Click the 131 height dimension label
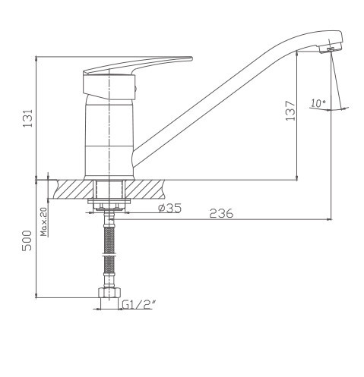click(x=28, y=118)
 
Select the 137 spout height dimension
click(x=290, y=111)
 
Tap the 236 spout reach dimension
click(x=221, y=213)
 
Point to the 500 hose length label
click(x=27, y=240)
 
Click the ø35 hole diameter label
click(x=169, y=208)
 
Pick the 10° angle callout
click(x=318, y=103)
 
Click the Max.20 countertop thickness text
click(x=44, y=221)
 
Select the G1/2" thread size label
click(x=138, y=304)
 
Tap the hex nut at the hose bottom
click(x=109, y=293)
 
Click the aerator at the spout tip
click(x=331, y=49)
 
